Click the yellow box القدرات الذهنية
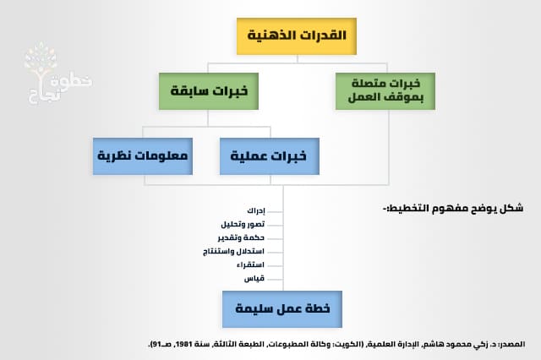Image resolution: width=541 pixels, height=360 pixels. coord(296,35)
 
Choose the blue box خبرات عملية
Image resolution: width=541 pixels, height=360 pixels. coord(270,155)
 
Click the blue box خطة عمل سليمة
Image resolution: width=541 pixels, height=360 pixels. coord(282,309)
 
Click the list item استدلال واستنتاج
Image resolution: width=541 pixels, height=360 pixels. coord(234,252)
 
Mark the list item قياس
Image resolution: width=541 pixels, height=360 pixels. coord(254,279)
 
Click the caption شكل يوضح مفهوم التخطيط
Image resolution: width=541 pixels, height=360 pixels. coord(452,207)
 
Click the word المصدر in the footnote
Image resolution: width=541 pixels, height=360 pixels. coord(511,344)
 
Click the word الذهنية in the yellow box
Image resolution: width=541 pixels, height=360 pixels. coord(271,35)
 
